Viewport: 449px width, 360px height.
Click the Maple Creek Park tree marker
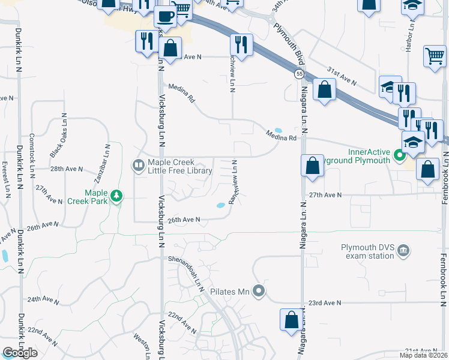pyautogui.click(x=116, y=196)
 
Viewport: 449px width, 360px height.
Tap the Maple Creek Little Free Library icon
pyautogui.click(x=138, y=164)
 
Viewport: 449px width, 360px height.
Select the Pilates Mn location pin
pyautogui.click(x=259, y=292)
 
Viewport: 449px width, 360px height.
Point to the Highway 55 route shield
pyautogui.click(x=298, y=74)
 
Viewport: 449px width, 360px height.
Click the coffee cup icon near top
pyautogui.click(x=164, y=16)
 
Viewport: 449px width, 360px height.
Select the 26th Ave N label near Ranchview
pyautogui.click(x=183, y=220)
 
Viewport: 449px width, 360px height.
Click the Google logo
pyautogui.click(x=20, y=353)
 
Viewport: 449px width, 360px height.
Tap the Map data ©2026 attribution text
pyautogui.click(x=423, y=355)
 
